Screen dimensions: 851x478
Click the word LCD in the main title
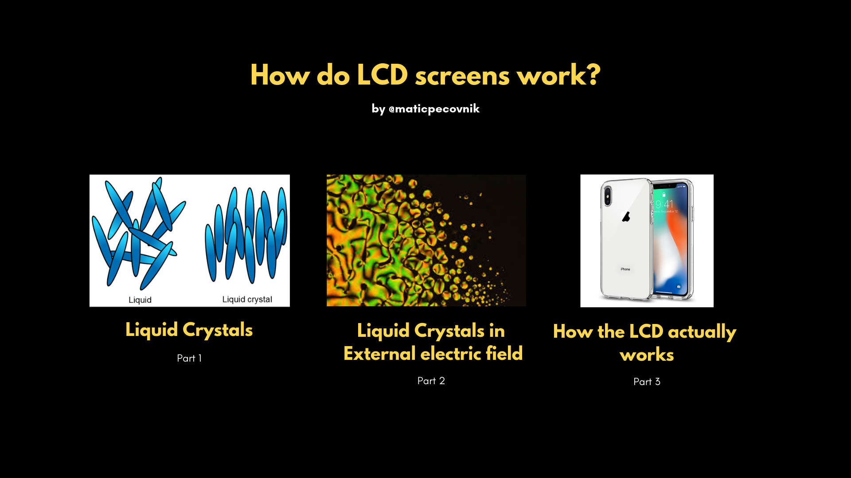point(382,75)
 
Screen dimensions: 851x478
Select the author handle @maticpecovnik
point(434,108)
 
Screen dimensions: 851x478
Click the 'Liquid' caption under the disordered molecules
point(140,300)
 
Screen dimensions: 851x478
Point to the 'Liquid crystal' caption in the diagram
point(247,300)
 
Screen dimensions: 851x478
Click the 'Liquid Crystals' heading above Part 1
point(189,330)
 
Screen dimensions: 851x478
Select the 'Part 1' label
point(189,358)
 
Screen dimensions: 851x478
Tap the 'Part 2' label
point(431,381)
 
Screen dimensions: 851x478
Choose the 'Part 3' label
point(647,382)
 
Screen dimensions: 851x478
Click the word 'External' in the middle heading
point(380,354)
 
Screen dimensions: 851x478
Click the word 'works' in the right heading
point(647,355)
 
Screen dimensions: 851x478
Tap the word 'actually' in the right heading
point(702,332)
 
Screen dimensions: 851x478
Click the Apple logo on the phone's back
point(626,216)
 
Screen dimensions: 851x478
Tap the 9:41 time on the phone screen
point(664,204)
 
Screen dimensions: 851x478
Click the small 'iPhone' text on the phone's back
point(625,269)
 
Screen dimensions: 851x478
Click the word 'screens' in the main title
point(462,76)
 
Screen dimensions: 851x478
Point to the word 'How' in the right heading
point(573,332)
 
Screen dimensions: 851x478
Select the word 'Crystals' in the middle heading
point(449,331)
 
